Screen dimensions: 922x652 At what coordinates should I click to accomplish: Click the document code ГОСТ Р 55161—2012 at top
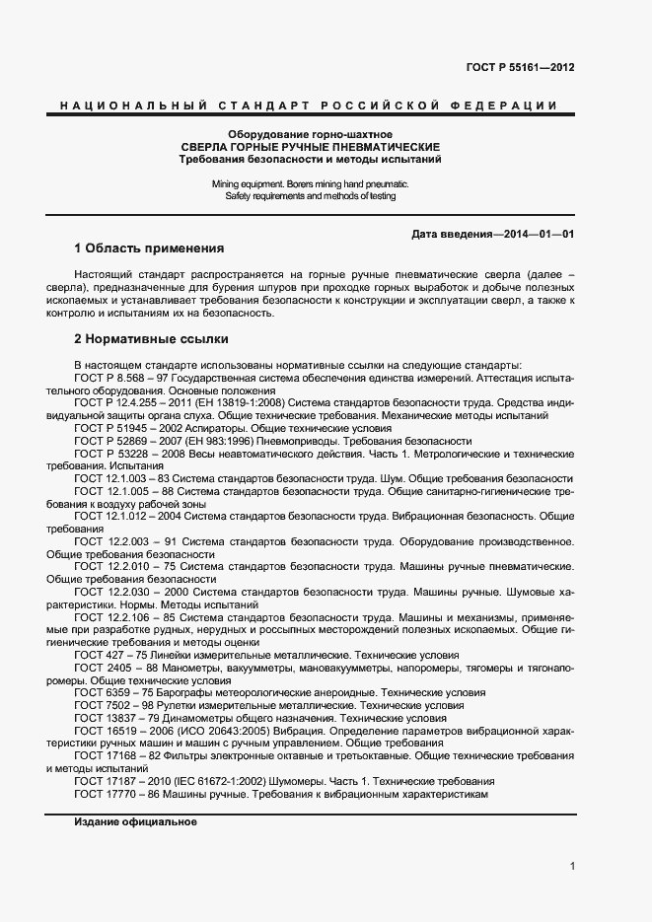[520, 68]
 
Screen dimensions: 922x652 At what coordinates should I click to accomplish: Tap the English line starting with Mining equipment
[310, 184]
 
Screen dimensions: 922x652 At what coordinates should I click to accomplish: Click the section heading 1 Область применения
[149, 248]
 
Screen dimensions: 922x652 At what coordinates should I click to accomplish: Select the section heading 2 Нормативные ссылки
[151, 339]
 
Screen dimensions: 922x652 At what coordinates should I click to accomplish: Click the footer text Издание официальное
[135, 822]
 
